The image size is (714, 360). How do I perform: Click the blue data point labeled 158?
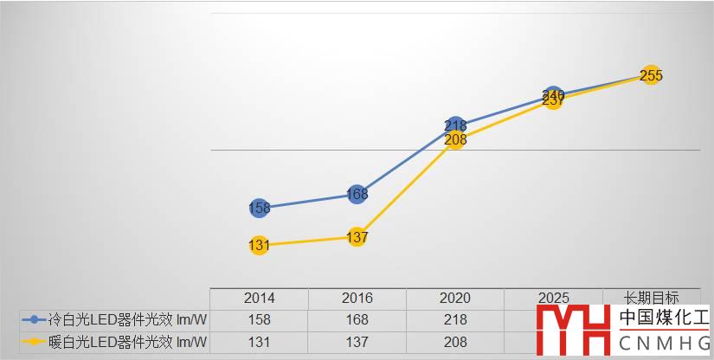[259, 208]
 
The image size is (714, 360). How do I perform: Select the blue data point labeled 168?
[357, 195]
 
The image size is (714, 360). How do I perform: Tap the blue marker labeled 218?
[455, 126]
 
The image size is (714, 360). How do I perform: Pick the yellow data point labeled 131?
[259, 245]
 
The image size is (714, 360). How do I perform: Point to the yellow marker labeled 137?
[357, 237]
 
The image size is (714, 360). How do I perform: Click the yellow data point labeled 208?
[455, 139]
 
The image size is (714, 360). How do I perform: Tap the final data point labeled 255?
[652, 75]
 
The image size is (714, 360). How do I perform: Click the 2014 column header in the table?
[259, 298]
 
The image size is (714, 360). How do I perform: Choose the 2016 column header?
[357, 298]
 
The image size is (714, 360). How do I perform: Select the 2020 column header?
[455, 298]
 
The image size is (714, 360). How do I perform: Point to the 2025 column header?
[553, 298]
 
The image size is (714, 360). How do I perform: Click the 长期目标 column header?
[652, 298]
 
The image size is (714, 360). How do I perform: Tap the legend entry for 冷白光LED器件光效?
[113, 319]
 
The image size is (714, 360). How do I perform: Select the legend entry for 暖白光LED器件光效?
[113, 342]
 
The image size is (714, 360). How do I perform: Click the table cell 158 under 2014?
[259, 319]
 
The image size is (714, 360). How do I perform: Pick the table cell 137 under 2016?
[357, 342]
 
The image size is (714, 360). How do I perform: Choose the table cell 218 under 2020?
[455, 319]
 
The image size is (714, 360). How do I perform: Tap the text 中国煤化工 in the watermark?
[664, 318]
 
